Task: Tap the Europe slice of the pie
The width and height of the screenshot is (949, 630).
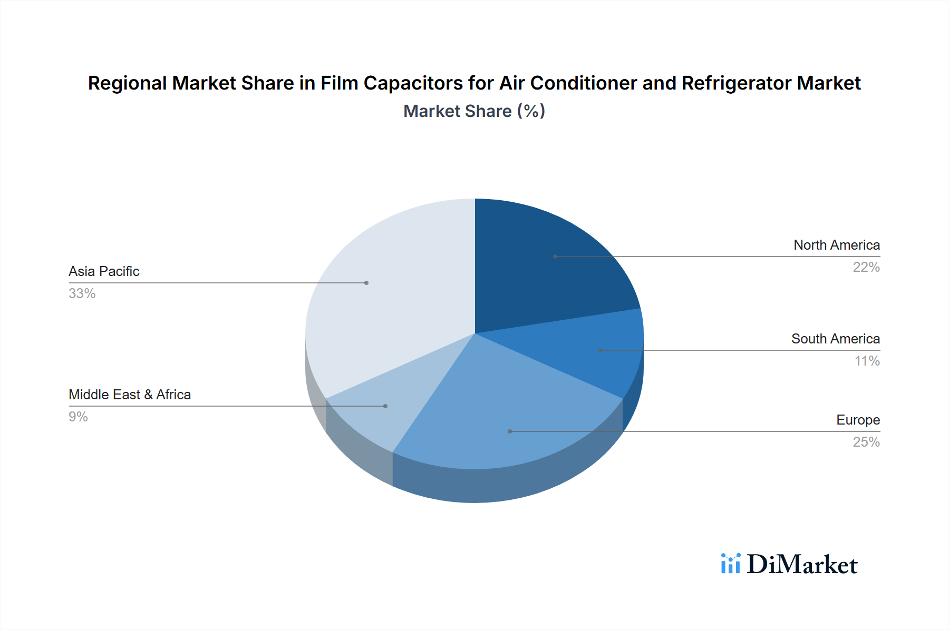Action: pyautogui.click(x=496, y=411)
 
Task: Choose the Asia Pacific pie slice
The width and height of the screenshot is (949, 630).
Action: pyautogui.click(x=390, y=295)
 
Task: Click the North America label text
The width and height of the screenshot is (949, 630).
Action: pyautogui.click(x=836, y=245)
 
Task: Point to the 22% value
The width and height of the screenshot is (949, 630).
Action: pyautogui.click(x=866, y=267)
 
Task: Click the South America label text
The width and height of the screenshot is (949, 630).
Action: pyautogui.click(x=835, y=339)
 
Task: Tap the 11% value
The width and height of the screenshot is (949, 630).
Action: pyautogui.click(x=867, y=361)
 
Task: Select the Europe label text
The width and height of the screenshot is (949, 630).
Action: pyautogui.click(x=858, y=420)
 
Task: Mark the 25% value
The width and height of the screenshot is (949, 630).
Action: pyautogui.click(x=866, y=442)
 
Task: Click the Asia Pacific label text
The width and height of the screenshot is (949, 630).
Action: pyautogui.click(x=104, y=271)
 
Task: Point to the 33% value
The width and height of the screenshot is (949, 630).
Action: pyautogui.click(x=82, y=293)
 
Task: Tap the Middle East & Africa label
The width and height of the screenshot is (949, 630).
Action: pyautogui.click(x=130, y=395)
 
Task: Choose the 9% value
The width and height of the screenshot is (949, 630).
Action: pyautogui.click(x=78, y=417)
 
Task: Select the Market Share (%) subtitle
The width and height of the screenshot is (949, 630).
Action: pyautogui.click(x=474, y=111)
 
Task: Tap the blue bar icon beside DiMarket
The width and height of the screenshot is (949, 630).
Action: pyautogui.click(x=730, y=564)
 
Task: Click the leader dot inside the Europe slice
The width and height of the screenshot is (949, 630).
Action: pyautogui.click(x=510, y=431)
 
